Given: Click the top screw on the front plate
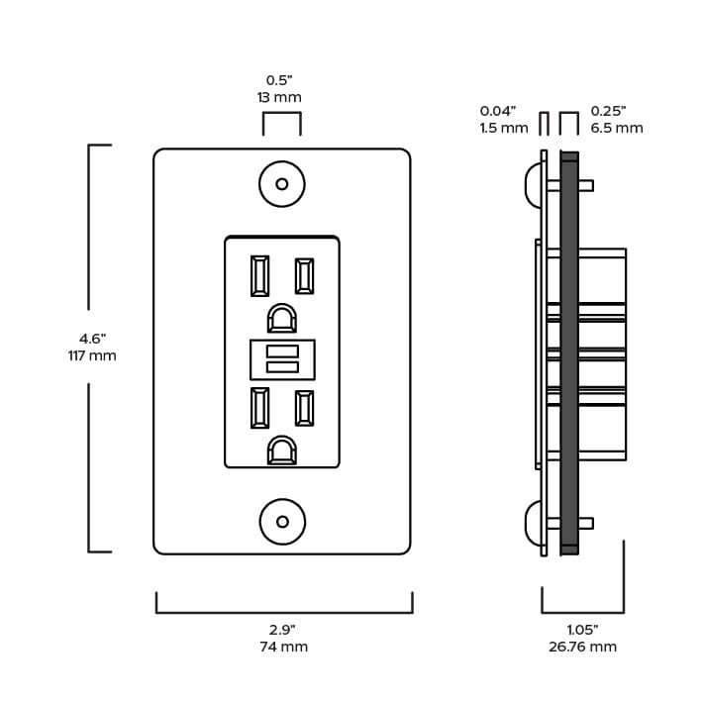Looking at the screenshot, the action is [282, 184].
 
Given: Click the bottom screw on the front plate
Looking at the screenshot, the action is [282, 522].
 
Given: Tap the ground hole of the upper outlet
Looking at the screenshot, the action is [282, 318].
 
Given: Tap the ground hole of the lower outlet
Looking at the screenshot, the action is [282, 451].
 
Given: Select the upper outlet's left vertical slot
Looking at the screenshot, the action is [260, 275].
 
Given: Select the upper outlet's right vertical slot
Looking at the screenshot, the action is [304, 275].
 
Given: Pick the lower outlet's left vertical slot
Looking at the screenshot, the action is [260, 408].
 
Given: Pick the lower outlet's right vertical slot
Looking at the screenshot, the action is [304, 408].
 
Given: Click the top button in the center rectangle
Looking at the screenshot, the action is [282, 351].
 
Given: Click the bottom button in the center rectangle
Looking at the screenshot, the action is [282, 367].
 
